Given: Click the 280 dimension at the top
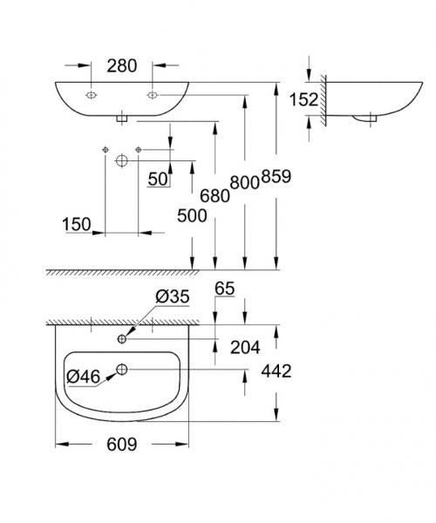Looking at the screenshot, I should click(x=121, y=65).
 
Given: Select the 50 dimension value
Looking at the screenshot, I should click(x=159, y=179).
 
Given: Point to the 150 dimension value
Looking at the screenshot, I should click(x=77, y=226).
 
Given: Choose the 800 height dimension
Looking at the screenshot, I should click(x=243, y=182).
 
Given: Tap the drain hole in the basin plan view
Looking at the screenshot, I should click(x=122, y=370).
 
